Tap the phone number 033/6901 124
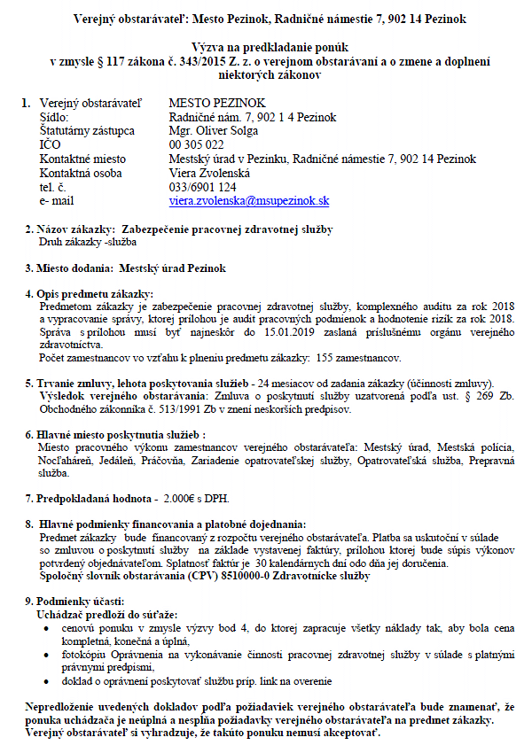pyautogui.click(x=202, y=188)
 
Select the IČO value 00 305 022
pyautogui.click(x=195, y=145)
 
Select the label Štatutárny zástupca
pyautogui.click(x=87, y=131)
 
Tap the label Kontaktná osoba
pyautogui.click(x=81, y=174)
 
